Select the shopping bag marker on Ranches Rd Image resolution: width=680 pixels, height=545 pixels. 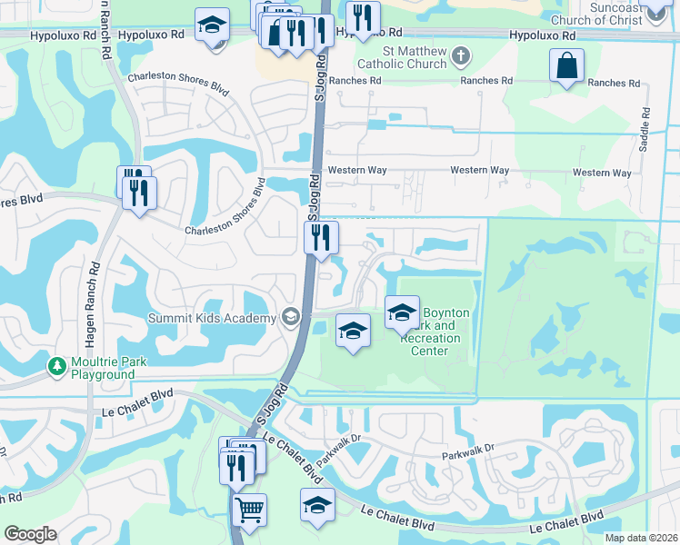click(566, 66)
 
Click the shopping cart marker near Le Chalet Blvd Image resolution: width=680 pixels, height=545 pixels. click(249, 509)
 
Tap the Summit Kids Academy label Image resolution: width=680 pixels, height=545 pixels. click(213, 318)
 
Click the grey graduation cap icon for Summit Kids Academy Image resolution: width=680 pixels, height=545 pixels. click(291, 317)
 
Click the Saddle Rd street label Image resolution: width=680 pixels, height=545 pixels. click(645, 130)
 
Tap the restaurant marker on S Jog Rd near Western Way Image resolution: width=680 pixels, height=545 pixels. click(321, 238)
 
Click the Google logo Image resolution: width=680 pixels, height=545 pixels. click(30, 534)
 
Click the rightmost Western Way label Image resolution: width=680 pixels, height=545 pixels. click(602, 173)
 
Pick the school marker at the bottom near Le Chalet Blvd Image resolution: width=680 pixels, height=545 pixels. click(317, 505)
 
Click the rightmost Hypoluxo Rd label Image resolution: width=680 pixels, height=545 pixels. click(543, 35)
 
